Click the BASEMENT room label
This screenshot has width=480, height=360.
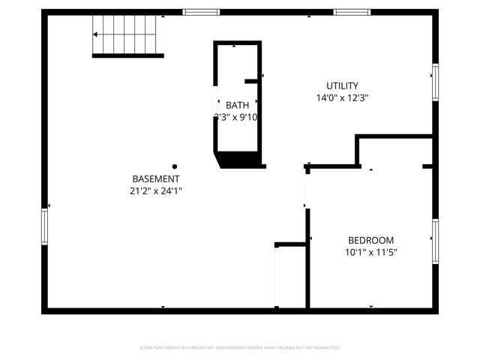pyautogui.click(x=155, y=178)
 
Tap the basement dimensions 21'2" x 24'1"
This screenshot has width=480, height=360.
pyautogui.click(x=155, y=191)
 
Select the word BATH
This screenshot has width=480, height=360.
pyautogui.click(x=237, y=105)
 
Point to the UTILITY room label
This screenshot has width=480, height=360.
pyautogui.click(x=342, y=85)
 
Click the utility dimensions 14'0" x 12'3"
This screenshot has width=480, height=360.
pyautogui.click(x=342, y=97)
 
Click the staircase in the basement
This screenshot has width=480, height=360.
pyautogui.click(x=126, y=37)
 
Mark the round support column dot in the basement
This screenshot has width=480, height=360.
pyautogui.click(x=175, y=166)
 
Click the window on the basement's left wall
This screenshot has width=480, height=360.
pyautogui.click(x=44, y=226)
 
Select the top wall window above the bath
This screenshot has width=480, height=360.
pyautogui.click(x=201, y=12)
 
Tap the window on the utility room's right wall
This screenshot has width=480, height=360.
pyautogui.click(x=434, y=82)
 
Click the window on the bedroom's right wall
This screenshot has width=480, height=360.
pyautogui.click(x=434, y=241)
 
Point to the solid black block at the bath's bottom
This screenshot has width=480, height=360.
pyautogui.click(x=240, y=159)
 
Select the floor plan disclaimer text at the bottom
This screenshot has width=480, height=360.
pyautogui.click(x=240, y=348)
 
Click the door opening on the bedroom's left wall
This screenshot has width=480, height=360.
pyautogui.click(x=306, y=188)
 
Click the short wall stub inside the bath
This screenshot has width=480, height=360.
pyautogui.click(x=252, y=80)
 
